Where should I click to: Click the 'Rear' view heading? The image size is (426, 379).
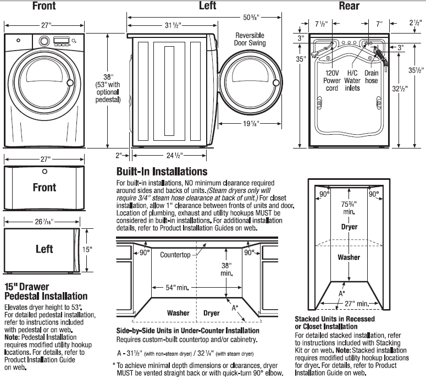coord(349,6)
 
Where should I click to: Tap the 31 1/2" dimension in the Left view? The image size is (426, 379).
coord(172,26)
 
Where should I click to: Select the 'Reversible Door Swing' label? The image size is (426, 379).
coord(250,39)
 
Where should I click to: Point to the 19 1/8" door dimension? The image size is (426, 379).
coord(250,124)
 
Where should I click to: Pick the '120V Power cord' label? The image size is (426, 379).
coord(332,80)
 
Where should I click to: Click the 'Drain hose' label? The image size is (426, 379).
coord(372,76)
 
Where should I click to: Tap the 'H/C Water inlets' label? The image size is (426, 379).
coord(352,80)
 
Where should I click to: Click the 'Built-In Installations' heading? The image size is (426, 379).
coord(162,172)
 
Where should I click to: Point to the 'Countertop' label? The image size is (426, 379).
coord(175,255)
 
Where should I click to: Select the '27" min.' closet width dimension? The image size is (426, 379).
coord(353,303)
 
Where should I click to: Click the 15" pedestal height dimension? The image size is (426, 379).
coord(87,249)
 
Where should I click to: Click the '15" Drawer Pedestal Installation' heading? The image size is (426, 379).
coord(46,292)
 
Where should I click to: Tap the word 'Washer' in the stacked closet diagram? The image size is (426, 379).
coord(349,257)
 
